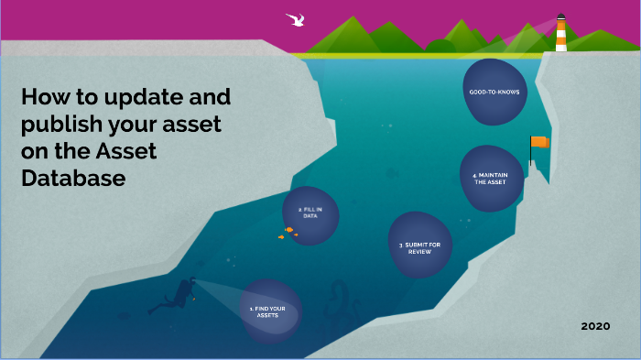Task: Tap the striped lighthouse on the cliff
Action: (561, 35)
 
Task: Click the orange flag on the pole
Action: (540, 142)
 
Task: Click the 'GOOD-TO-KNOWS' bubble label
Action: (494, 92)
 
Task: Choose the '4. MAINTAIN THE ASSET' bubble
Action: (492, 178)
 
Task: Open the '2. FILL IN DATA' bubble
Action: (310, 214)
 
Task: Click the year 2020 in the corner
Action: (596, 326)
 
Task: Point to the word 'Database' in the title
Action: (72, 179)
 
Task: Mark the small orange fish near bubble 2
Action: (288, 230)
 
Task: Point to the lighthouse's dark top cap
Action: (561, 17)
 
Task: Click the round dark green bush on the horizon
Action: (440, 45)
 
